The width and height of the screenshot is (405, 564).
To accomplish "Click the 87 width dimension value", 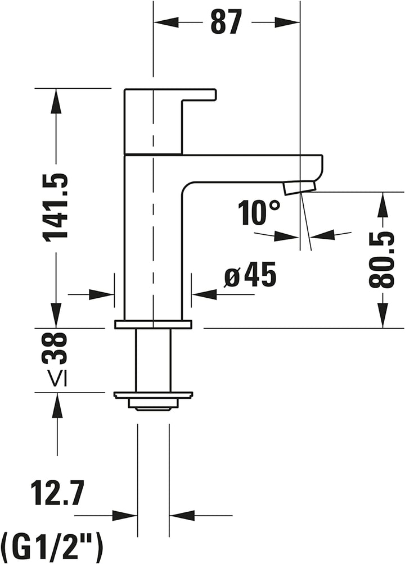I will pos(226,22).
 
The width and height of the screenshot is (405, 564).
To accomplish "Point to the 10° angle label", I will pos(258,213).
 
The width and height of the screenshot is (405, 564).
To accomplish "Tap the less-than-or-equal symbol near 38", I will pos(57,379).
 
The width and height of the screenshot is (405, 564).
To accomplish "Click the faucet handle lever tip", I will pos(212,94).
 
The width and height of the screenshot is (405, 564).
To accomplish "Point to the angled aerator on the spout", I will pos(300,187).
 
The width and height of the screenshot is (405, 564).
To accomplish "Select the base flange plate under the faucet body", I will pos(153,324).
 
